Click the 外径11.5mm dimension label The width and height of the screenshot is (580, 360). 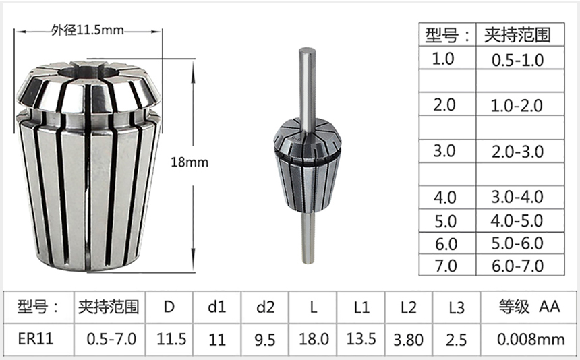pyautogui.click(x=87, y=30)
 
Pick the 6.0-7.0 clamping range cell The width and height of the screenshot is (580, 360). pyautogui.click(x=517, y=265)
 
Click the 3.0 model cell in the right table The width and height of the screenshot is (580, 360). pyautogui.click(x=444, y=151)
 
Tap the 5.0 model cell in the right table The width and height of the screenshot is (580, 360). pyautogui.click(x=444, y=221)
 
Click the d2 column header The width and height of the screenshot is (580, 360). pyautogui.click(x=266, y=307)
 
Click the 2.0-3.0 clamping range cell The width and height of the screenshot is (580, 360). pyautogui.click(x=517, y=151)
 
